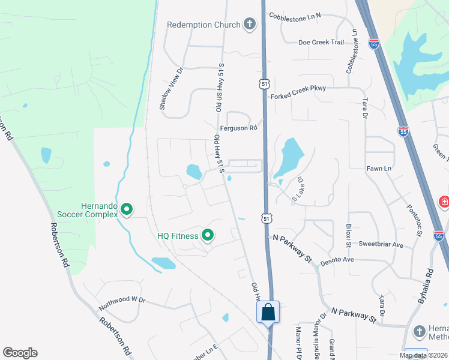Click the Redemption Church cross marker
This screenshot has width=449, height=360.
coord(250,25)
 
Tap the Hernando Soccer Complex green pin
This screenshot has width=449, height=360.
coord(127,209)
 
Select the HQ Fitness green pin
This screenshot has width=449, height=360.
coord(208,235)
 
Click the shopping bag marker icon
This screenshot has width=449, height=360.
coord(268,312)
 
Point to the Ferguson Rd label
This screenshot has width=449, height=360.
coord(238,127)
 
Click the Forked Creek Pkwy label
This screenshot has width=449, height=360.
coord(298,88)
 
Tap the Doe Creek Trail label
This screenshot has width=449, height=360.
coord(321,42)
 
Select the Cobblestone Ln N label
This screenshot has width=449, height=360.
coord(295,15)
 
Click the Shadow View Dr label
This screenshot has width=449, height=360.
coord(170,88)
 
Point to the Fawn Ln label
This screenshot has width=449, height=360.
coord(379,169)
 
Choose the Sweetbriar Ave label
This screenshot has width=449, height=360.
coord(381,245)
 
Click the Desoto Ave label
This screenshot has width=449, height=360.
coord(338,260)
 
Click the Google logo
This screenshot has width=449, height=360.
coord(20,353)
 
